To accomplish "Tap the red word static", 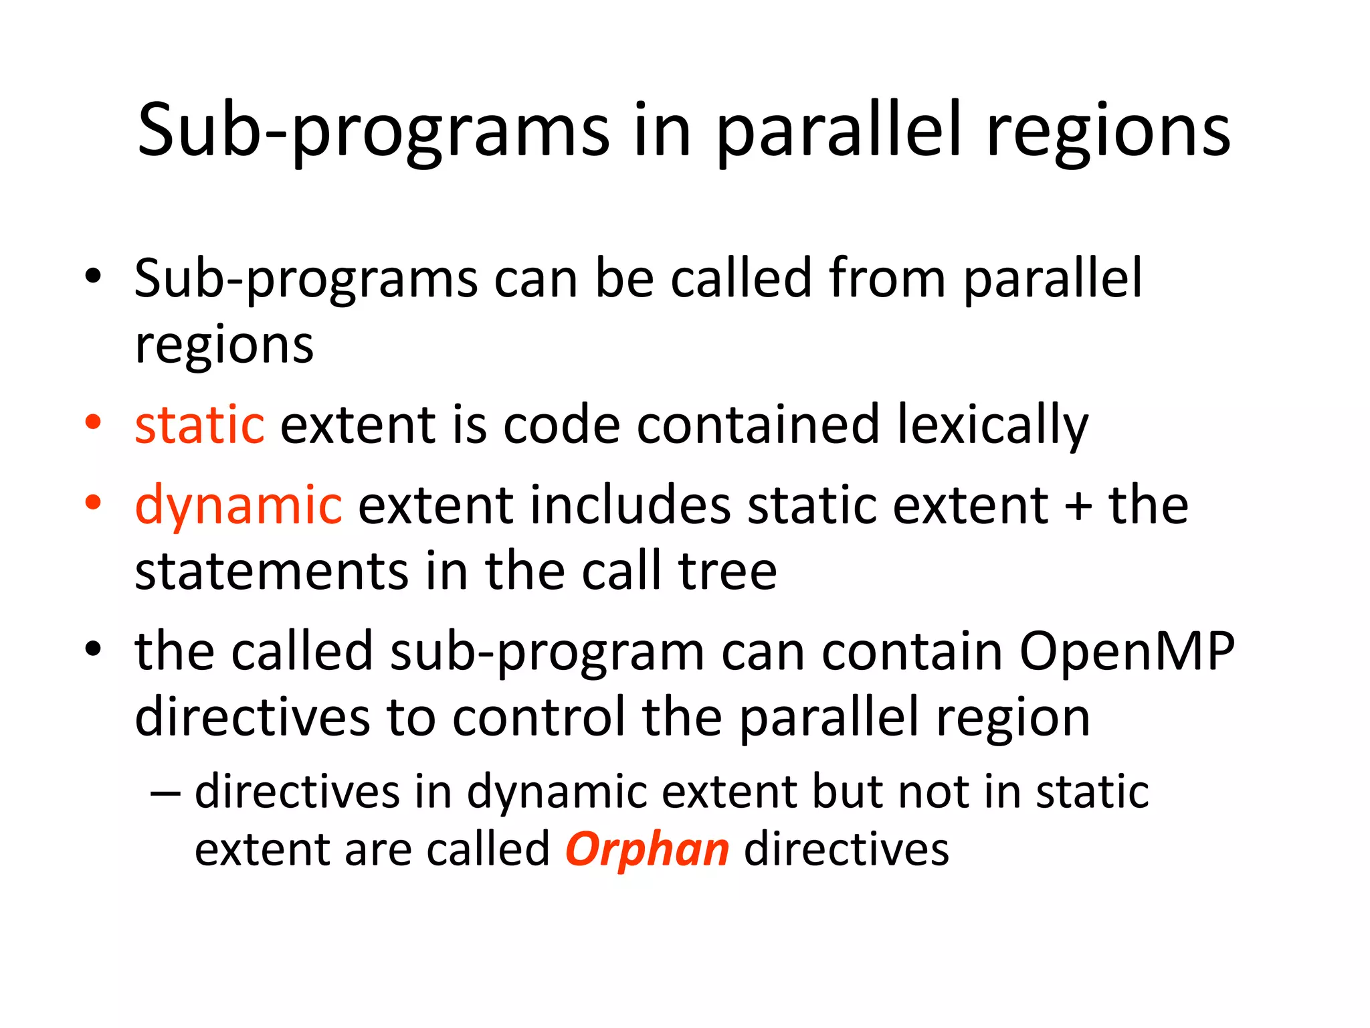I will click(x=199, y=426).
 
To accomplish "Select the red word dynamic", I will click(x=239, y=505).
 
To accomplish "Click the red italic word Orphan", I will click(x=647, y=849).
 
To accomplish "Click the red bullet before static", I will click(x=93, y=422).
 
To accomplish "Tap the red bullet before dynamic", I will click(x=93, y=502).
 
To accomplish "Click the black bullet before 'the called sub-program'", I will click(x=93, y=649).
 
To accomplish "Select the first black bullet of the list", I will click(x=93, y=276).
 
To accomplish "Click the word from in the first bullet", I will click(x=886, y=278).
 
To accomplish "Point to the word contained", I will click(x=757, y=426).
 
